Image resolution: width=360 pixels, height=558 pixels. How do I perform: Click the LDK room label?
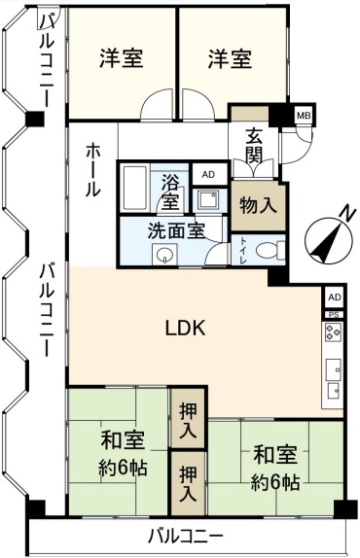(x=186, y=328)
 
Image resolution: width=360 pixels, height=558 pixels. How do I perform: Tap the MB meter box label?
(x=304, y=116)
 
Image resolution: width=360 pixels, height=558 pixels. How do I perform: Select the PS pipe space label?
(x=334, y=315)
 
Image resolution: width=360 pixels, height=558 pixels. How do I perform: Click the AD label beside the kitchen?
(x=335, y=297)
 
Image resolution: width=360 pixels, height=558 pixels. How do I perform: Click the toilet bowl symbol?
(x=270, y=249)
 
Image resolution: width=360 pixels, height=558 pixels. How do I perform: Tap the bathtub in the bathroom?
(x=135, y=189)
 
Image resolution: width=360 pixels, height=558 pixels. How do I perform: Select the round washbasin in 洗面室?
(x=164, y=255)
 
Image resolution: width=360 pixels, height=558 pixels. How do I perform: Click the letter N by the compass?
(x=346, y=214)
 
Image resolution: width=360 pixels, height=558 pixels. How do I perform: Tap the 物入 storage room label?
(x=258, y=205)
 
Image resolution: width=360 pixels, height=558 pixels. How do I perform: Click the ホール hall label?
(x=91, y=170)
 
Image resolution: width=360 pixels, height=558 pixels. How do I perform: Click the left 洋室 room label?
(x=122, y=58)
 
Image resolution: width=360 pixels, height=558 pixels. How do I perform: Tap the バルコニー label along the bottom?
(x=186, y=536)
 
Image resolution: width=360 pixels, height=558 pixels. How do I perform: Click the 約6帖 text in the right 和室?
(x=275, y=482)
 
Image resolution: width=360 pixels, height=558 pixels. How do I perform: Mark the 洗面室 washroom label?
(x=176, y=230)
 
